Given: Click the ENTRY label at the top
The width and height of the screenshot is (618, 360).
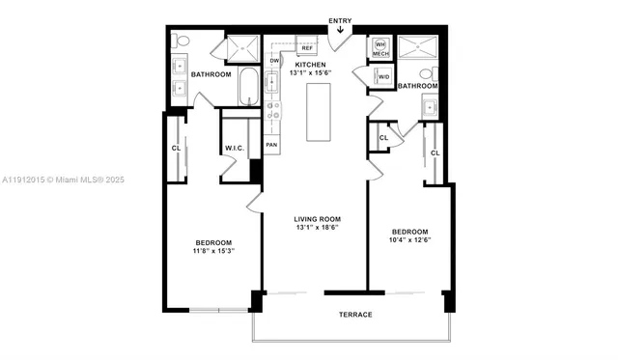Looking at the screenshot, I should click(340, 20).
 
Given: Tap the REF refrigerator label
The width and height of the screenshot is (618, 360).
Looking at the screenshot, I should click(307, 47).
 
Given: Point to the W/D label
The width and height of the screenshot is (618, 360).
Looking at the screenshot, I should click(384, 76).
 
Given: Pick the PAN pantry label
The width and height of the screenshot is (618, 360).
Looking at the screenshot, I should click(273, 145).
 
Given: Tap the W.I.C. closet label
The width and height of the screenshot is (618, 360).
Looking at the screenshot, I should click(235, 148).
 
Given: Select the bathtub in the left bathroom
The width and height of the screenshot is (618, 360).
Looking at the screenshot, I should click(248, 89).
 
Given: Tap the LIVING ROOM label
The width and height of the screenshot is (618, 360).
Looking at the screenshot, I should click(318, 219).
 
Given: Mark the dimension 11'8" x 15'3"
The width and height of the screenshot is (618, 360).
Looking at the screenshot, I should click(213, 251).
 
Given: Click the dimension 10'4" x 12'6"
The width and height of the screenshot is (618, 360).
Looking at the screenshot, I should click(409, 241).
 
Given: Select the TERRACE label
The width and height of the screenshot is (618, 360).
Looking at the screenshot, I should click(354, 315).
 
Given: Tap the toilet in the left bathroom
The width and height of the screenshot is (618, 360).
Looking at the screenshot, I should click(183, 42).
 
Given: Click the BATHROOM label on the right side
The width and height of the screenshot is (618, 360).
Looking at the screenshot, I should click(418, 85).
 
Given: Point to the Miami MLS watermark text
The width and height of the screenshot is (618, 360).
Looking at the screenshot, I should click(63, 180).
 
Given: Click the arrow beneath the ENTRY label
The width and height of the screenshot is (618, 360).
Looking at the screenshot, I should click(340, 31).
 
